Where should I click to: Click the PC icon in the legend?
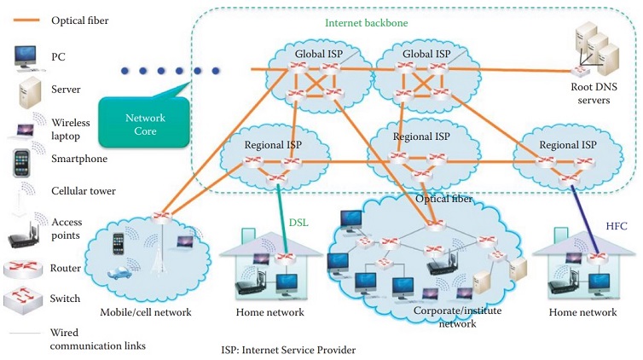25,56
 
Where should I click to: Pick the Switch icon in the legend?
24,300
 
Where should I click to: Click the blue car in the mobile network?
120,275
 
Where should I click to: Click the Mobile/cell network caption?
145,312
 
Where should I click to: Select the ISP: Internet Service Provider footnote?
287,350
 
